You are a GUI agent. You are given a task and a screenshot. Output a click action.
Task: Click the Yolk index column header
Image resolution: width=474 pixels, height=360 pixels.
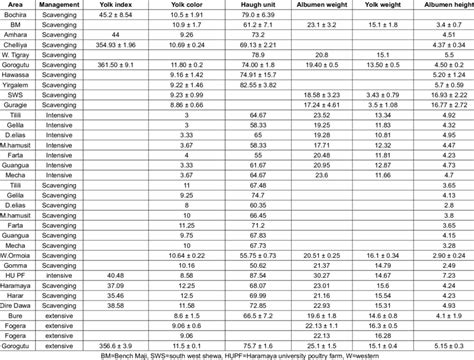116,6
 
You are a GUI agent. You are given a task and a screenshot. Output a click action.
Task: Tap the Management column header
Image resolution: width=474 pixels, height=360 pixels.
60,6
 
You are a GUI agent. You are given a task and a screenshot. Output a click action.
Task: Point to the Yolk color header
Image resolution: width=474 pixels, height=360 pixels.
188,6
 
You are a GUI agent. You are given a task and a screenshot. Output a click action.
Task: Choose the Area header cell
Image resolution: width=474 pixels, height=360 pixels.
16,6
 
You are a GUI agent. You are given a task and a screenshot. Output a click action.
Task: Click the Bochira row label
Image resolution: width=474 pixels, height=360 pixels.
16,17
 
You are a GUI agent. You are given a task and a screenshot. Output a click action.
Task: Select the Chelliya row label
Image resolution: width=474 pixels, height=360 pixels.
16,47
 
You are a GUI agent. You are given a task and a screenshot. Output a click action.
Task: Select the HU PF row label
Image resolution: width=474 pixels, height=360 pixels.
16,272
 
